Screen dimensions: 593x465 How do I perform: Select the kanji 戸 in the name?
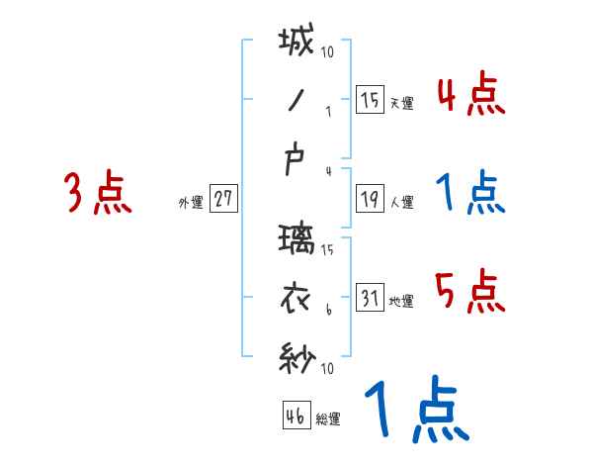coord(296,160)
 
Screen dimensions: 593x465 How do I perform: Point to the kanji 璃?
coord(296,240)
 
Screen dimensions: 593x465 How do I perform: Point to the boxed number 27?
coord(222,198)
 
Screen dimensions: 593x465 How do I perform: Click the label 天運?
coord(401,103)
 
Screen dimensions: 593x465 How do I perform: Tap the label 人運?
coord(401,202)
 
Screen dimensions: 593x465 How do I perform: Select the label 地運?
coord(401,301)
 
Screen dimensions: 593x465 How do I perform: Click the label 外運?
coord(190,203)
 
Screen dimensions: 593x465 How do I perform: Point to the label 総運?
coord(328,419)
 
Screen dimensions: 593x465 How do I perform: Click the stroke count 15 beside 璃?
coord(328,251)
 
